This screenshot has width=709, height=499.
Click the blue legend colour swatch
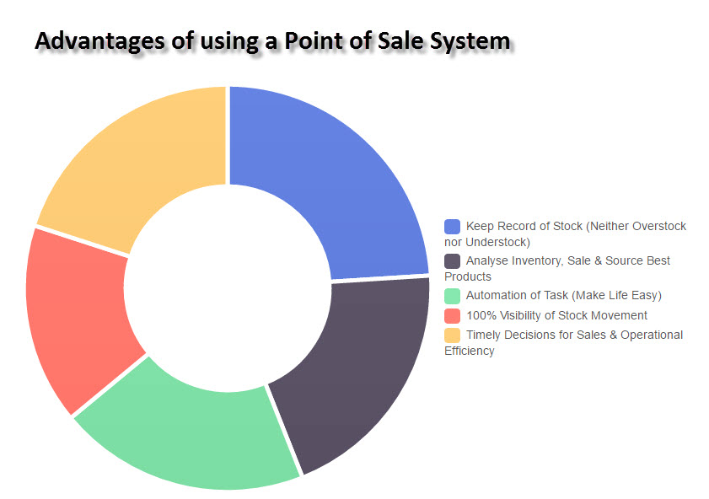(x=452, y=227)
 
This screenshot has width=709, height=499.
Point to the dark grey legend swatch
(x=452, y=261)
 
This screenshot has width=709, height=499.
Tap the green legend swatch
(x=452, y=296)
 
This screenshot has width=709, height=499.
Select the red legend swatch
(x=452, y=316)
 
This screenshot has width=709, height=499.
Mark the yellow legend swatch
(x=452, y=335)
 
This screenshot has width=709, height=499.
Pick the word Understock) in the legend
(x=498, y=242)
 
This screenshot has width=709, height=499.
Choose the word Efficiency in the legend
(x=470, y=351)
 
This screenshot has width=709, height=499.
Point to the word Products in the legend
(x=468, y=276)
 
